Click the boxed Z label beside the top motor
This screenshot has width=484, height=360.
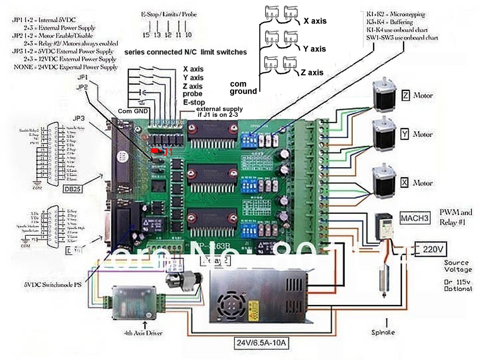pyautogui.click(x=405, y=95)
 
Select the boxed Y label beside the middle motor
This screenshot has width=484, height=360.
pyautogui.click(x=404, y=134)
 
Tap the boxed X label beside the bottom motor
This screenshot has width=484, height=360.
pyautogui.click(x=404, y=183)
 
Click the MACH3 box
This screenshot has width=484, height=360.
pyautogui.click(x=414, y=218)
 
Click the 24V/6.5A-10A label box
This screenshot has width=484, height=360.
pyautogui.click(x=261, y=343)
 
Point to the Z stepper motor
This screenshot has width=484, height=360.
pyautogui.click(x=384, y=96)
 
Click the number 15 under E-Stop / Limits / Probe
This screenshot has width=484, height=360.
pyautogui.click(x=146, y=35)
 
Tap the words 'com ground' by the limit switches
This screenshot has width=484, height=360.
pyautogui.click(x=243, y=88)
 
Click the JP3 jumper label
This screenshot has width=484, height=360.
pyautogui.click(x=79, y=118)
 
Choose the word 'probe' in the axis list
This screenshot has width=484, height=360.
pyautogui.click(x=192, y=94)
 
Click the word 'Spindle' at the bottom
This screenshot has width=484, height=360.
pyautogui.click(x=383, y=332)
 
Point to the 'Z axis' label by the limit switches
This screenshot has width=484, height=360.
pyautogui.click(x=312, y=73)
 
